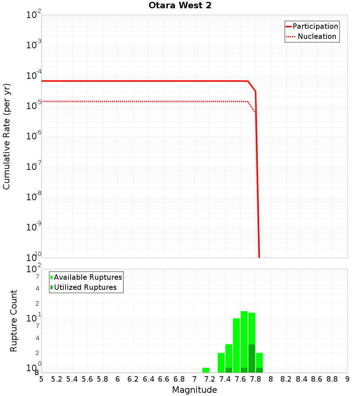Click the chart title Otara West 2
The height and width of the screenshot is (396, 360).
click(180, 6)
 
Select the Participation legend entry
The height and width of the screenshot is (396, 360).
click(315, 26)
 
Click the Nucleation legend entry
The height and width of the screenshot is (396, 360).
click(317, 36)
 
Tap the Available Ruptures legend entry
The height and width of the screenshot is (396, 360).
click(88, 277)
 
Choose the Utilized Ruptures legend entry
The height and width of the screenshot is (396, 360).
click(85, 287)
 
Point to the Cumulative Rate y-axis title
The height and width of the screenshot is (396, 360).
click(6, 136)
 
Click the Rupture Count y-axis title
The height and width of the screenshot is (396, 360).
click(14, 321)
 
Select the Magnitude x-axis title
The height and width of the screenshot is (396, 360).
click(194, 390)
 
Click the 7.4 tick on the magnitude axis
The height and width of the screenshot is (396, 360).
click(225, 379)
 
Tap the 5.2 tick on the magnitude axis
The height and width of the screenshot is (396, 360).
click(57, 379)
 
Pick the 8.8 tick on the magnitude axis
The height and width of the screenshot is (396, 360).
click(332, 379)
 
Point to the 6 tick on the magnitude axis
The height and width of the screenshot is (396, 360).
click(118, 379)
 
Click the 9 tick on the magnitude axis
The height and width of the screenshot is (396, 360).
click(347, 379)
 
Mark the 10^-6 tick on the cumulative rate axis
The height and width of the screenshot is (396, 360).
click(34, 136)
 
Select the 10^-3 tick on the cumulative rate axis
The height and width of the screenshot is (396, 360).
click(34, 45)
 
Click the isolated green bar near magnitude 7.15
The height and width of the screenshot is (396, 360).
click(206, 370)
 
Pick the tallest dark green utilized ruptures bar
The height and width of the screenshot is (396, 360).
click(252, 358)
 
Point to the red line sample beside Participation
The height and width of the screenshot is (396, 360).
click(288, 26)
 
